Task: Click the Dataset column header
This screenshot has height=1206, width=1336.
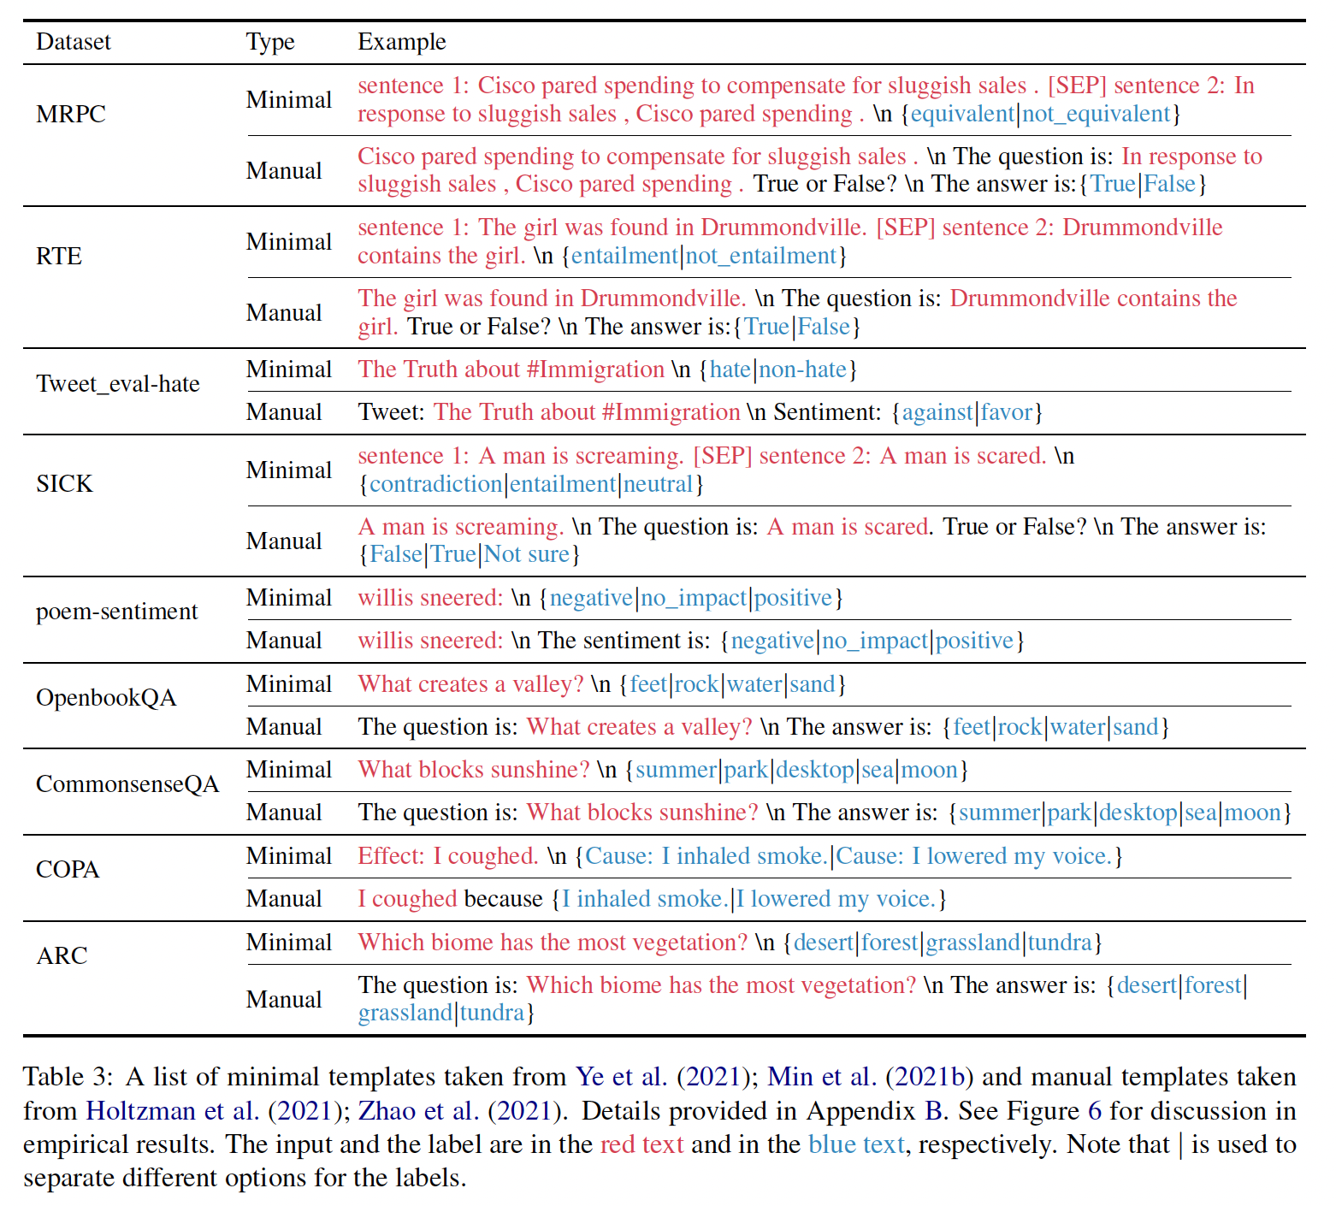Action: (74, 42)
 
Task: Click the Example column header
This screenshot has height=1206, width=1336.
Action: (401, 42)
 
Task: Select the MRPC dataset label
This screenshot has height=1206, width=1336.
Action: (71, 114)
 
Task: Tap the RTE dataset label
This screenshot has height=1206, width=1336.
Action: (59, 256)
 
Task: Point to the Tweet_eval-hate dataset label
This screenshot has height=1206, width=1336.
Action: (118, 384)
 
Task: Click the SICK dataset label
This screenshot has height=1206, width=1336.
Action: (64, 484)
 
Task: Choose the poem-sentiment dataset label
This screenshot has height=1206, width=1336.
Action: (116, 612)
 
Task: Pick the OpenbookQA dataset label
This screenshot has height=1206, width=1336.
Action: (106, 698)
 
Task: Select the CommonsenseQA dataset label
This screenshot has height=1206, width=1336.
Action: (127, 784)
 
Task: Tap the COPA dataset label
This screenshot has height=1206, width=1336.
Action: (68, 870)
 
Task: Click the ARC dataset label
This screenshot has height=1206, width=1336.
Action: (62, 955)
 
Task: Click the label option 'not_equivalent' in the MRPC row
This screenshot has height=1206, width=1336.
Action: (1096, 114)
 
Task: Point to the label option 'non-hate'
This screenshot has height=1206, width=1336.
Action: (802, 369)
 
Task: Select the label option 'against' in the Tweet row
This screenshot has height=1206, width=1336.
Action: (937, 412)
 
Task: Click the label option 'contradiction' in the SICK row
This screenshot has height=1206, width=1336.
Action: (435, 484)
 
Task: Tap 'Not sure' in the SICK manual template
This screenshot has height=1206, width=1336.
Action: (527, 554)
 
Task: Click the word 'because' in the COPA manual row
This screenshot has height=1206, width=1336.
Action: (504, 899)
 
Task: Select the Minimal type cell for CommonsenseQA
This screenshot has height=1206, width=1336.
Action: (288, 770)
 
